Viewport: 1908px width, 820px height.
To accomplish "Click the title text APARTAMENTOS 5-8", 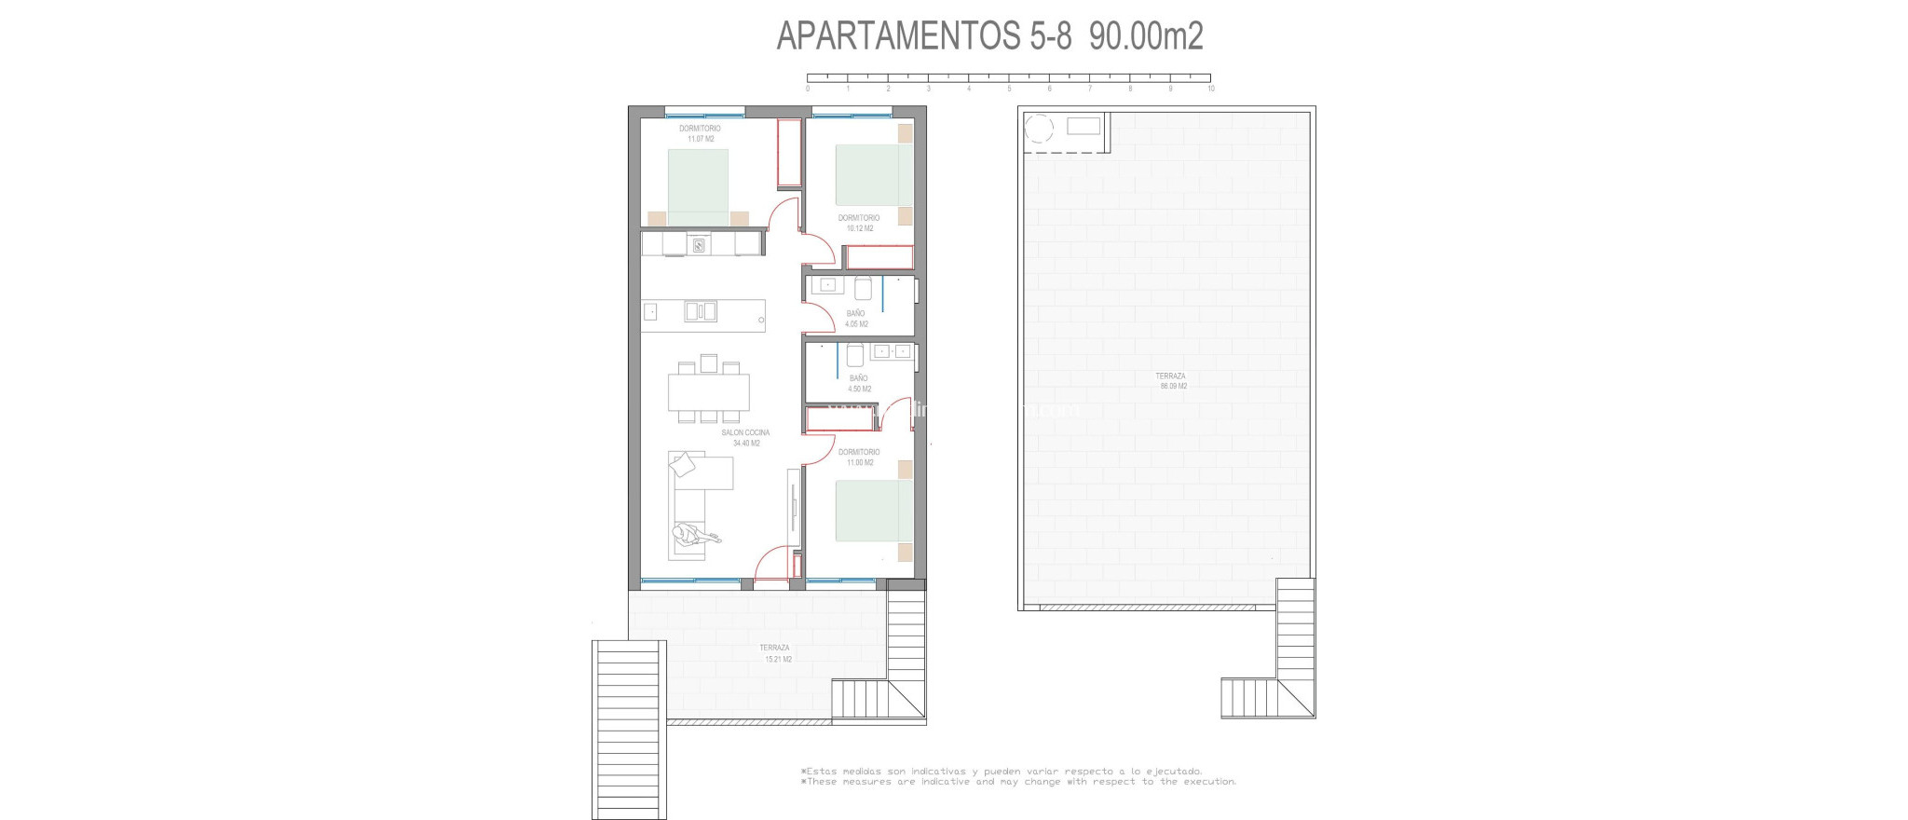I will click(924, 36).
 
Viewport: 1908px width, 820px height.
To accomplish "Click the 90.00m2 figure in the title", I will click(1146, 36).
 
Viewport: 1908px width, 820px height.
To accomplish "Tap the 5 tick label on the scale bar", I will click(1009, 89).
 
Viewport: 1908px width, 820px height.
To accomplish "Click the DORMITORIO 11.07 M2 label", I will click(700, 133).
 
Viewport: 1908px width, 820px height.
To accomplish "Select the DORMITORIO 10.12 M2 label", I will click(858, 223).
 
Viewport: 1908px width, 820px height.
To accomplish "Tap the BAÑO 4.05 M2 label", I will click(856, 319).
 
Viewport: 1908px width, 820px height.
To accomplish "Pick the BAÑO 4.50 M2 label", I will click(859, 383).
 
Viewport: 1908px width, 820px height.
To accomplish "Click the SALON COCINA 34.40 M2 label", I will click(745, 438).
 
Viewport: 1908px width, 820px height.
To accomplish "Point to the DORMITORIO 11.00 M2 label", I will click(859, 457).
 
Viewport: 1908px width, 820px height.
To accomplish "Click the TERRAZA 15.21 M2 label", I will click(775, 653).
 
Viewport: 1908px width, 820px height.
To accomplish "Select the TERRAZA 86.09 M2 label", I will click(1171, 381).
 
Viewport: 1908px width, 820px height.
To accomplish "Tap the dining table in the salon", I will click(708, 392).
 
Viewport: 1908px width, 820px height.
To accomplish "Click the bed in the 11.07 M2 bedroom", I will click(698, 186).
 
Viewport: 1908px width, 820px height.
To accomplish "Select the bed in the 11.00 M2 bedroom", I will click(873, 510).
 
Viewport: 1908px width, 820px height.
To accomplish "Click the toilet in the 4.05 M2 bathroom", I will click(863, 287).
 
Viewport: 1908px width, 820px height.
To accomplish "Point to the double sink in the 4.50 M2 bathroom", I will click(893, 351).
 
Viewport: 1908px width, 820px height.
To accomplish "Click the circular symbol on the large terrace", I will click(1038, 128).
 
